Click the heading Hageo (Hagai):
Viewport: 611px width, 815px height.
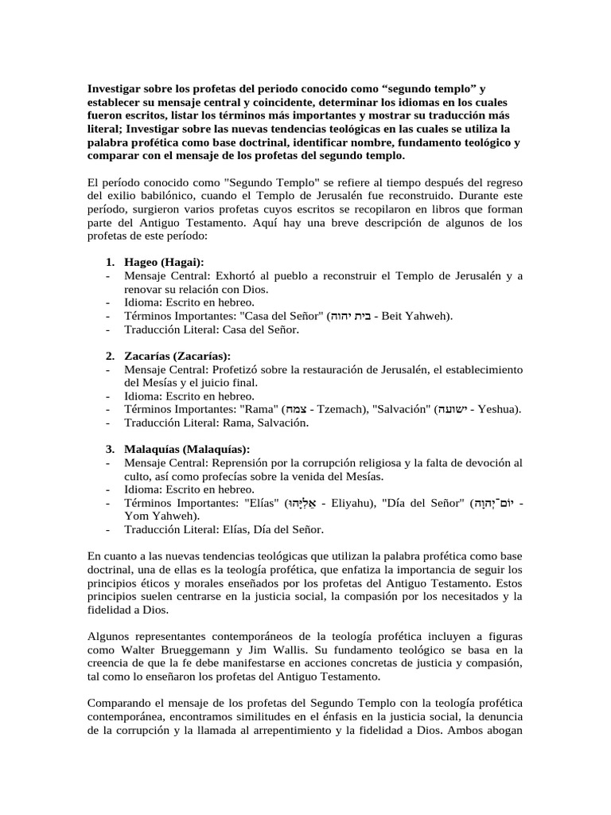(164, 262)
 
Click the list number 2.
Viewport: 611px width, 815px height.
(110, 356)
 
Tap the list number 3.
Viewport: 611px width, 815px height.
(110, 449)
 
